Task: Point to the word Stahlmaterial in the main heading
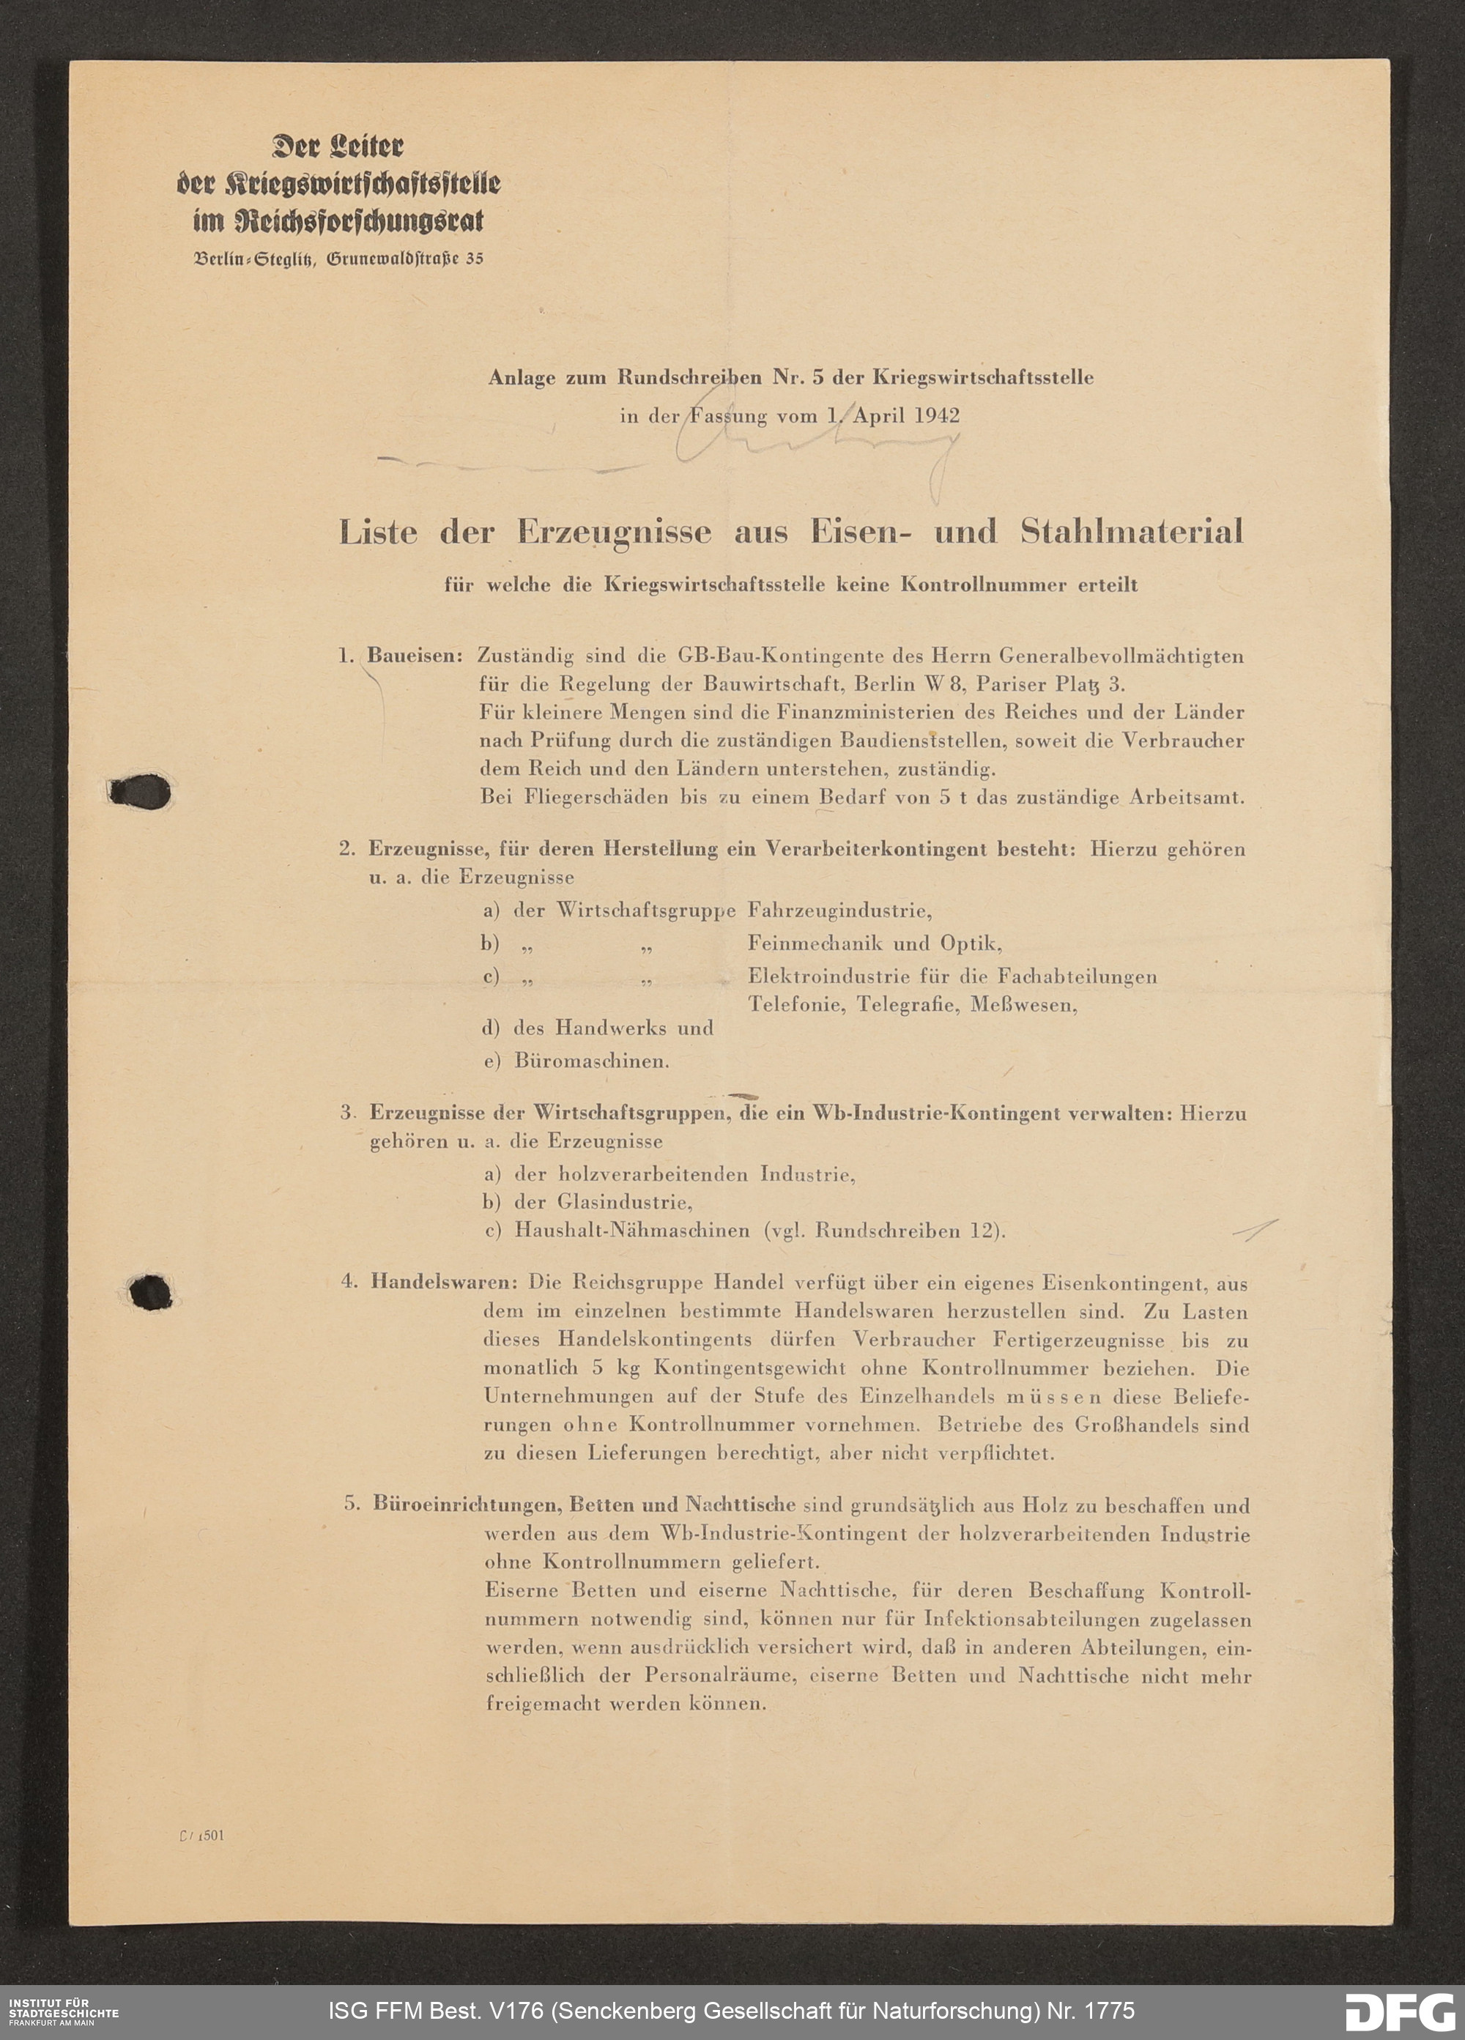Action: pos(1132,532)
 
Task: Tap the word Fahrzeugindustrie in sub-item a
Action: pos(839,911)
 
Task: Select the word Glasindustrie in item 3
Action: pos(624,1202)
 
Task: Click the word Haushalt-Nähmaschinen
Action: pos(631,1231)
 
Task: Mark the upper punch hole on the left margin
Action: pos(141,792)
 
